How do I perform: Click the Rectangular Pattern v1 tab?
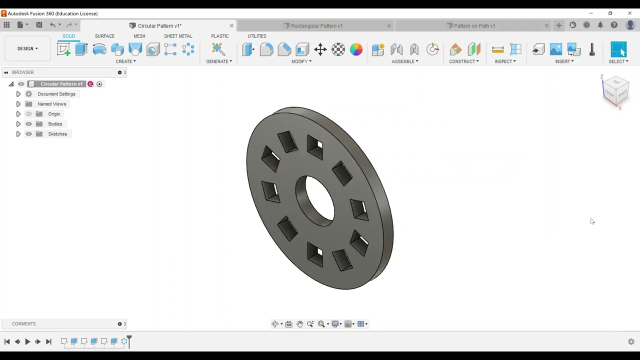(316, 25)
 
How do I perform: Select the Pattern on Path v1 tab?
(474, 25)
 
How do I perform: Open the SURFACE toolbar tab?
(104, 36)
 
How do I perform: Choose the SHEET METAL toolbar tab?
(178, 36)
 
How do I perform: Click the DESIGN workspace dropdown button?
(27, 48)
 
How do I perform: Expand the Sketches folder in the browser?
(18, 134)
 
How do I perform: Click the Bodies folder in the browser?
(55, 124)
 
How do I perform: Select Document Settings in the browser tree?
(56, 94)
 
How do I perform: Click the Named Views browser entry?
(51, 104)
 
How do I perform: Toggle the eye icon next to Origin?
(28, 114)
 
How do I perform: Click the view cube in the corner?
(615, 90)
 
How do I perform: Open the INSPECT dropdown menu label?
(505, 61)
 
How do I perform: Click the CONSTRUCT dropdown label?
(463, 61)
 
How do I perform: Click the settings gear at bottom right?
(631, 341)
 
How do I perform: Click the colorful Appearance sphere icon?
(356, 49)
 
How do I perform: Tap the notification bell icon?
(600, 25)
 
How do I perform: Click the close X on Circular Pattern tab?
(231, 25)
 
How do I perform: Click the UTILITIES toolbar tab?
(256, 36)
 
